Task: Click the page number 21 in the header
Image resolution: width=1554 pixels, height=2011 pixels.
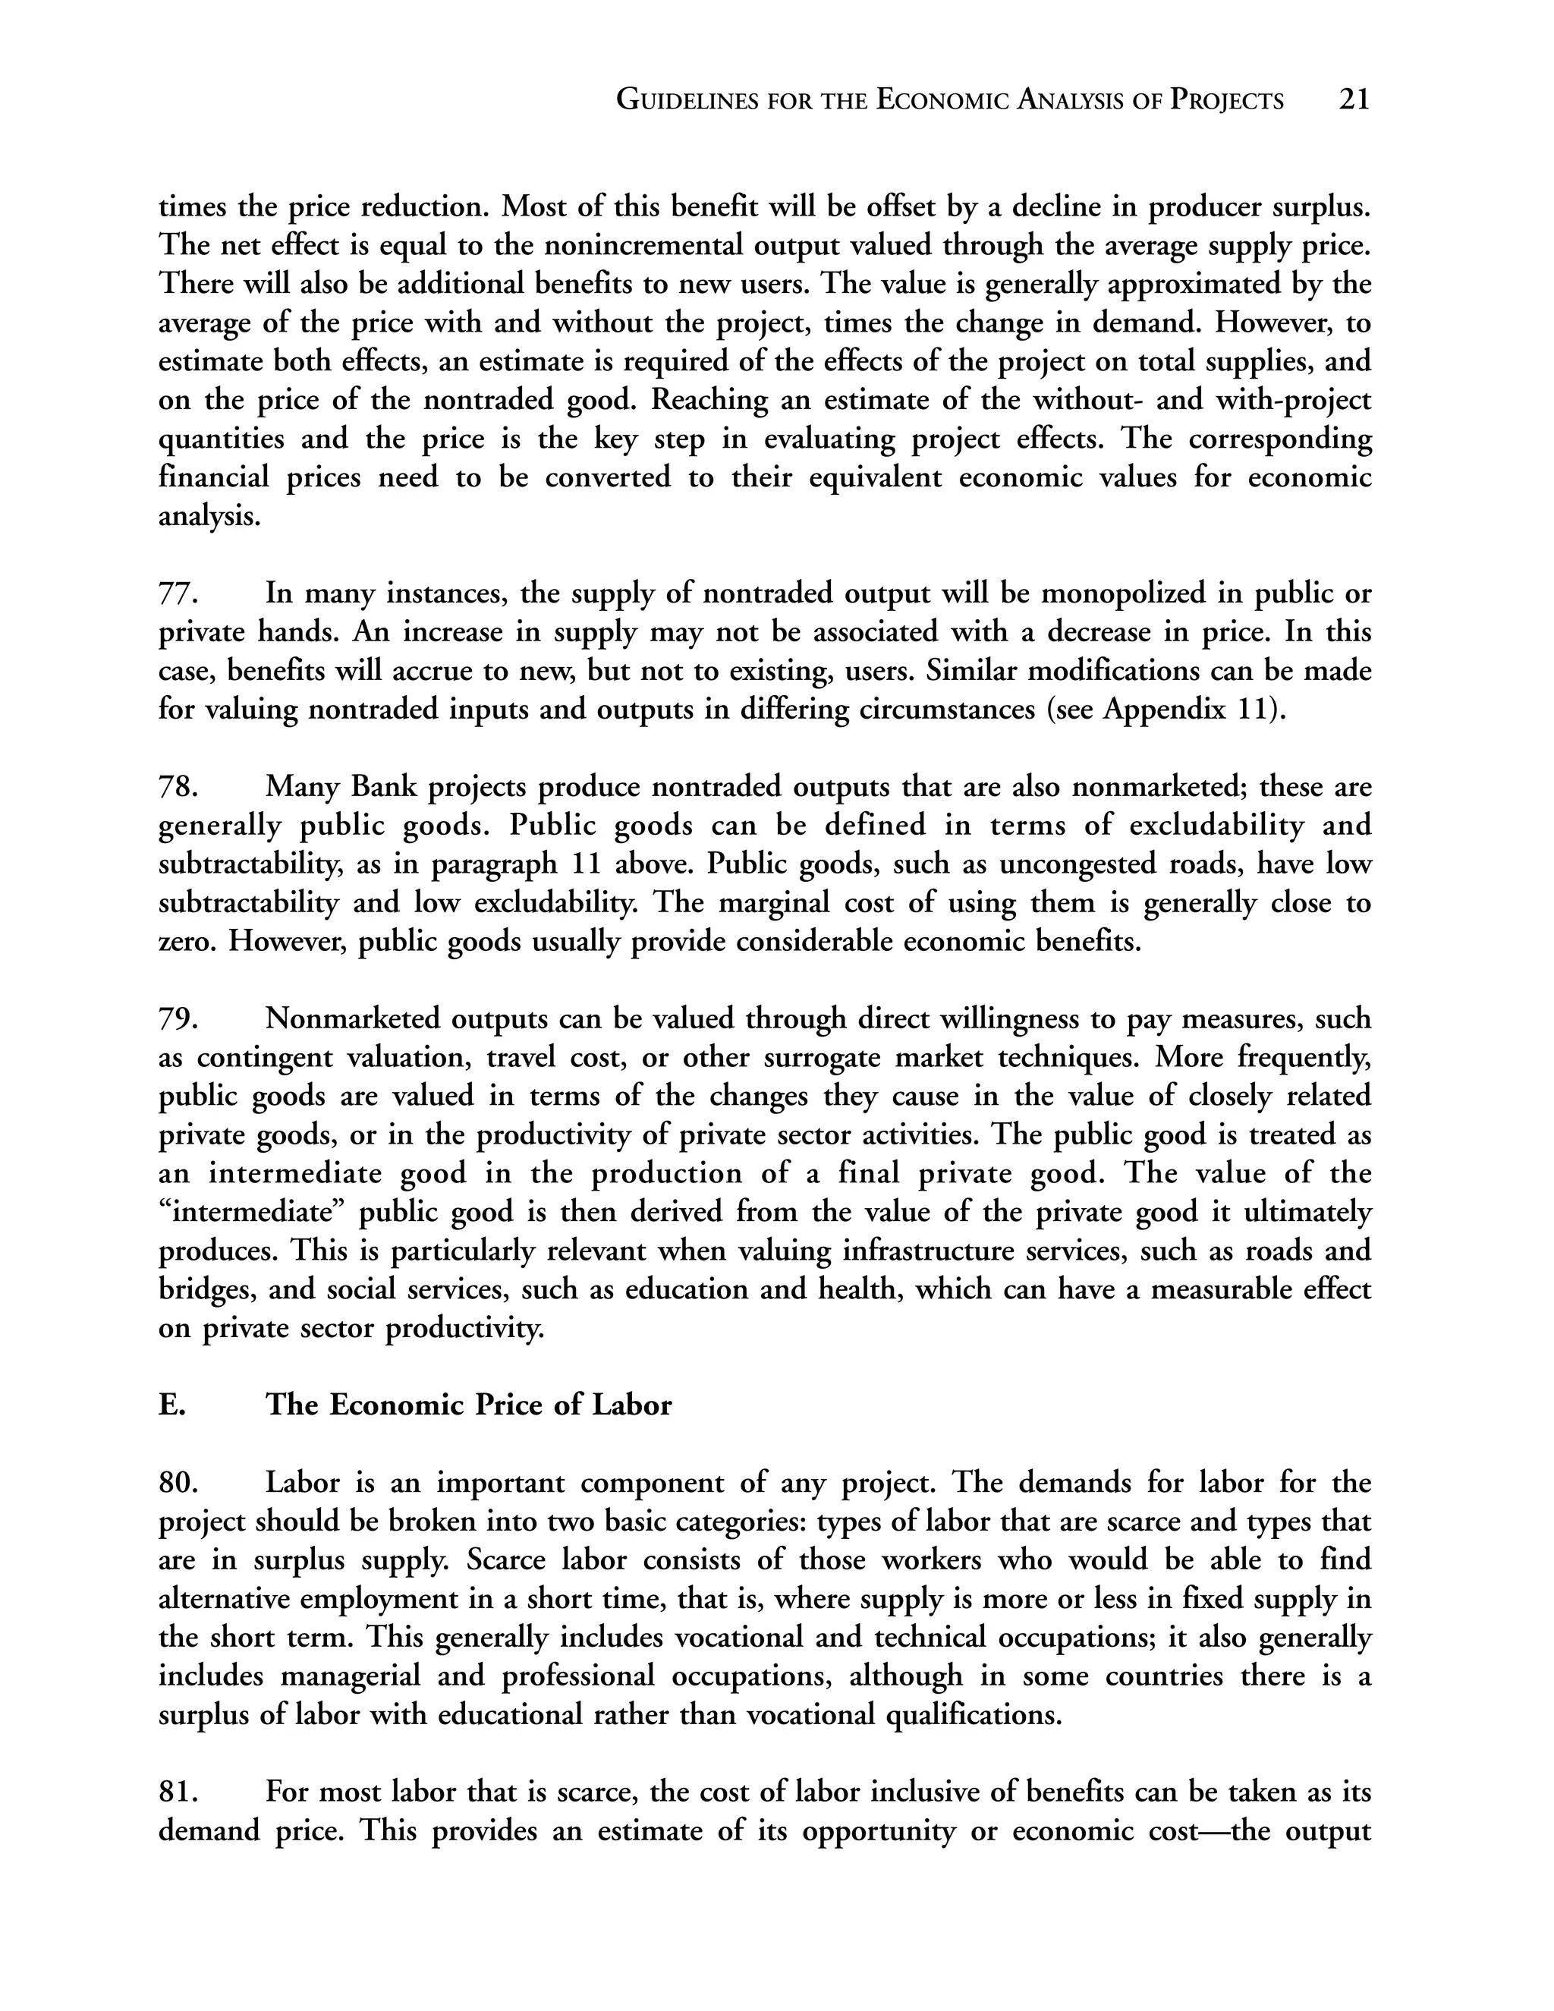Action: pyautogui.click(x=1354, y=99)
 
